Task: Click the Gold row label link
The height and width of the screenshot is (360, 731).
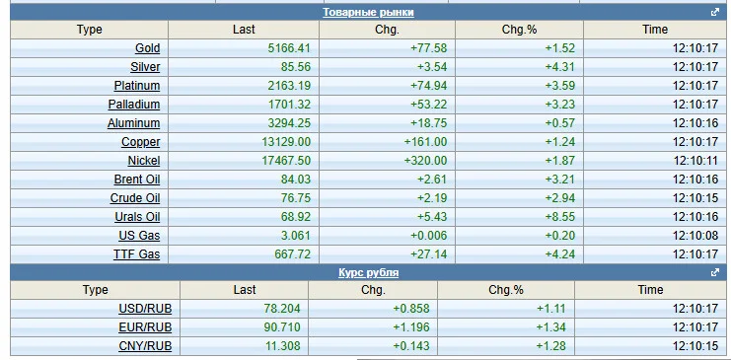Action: point(147,48)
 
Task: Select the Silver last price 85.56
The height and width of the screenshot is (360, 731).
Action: point(296,67)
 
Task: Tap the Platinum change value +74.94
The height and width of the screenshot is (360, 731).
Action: point(428,86)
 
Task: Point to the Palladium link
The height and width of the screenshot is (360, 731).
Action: point(134,105)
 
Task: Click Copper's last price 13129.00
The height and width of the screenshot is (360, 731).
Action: point(286,142)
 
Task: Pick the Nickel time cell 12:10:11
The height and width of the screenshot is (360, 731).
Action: point(695,161)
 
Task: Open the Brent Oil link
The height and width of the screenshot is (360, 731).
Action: point(137,180)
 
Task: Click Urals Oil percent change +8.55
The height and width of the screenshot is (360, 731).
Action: point(560,217)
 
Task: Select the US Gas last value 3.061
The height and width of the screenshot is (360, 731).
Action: point(296,236)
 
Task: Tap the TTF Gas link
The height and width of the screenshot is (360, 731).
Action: point(136,254)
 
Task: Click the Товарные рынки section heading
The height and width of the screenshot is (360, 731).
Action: point(368,12)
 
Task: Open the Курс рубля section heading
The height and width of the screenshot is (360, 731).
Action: point(368,272)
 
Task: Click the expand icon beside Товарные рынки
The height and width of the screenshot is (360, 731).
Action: point(715,12)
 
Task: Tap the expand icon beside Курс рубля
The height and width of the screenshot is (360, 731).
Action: point(715,272)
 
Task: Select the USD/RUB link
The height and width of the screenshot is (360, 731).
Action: point(145,309)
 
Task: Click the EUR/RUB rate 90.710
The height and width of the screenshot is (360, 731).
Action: point(282,326)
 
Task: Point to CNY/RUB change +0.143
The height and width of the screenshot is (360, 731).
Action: point(411,346)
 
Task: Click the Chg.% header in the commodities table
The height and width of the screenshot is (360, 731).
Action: point(519,30)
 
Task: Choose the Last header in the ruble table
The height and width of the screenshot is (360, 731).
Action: point(245,290)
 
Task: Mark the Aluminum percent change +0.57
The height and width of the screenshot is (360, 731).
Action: point(560,123)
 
